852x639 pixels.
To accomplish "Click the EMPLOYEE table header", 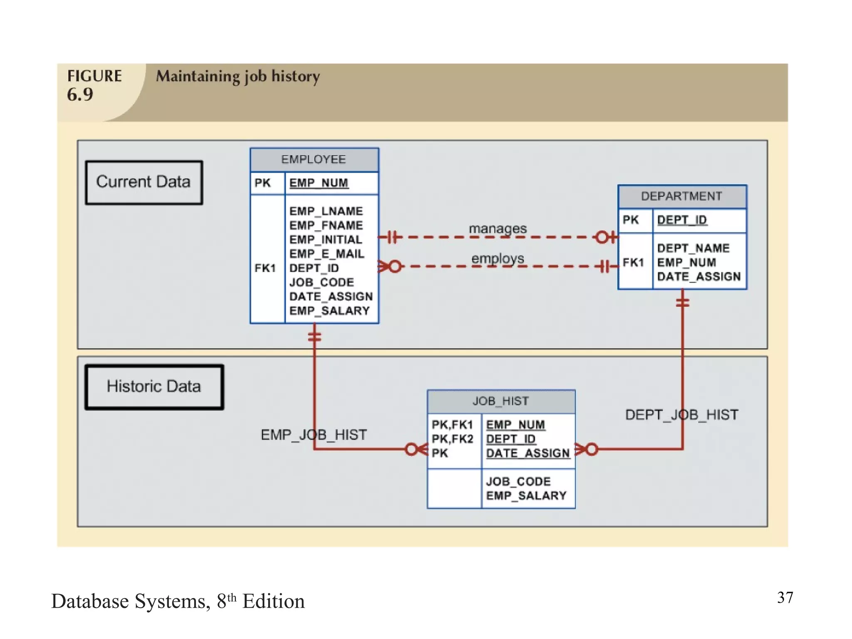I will [314, 160].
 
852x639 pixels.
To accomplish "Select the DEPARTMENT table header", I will [681, 196].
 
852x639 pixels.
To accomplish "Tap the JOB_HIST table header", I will [500, 401].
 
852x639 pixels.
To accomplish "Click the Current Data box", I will [144, 182].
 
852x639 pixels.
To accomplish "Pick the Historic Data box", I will [154, 387].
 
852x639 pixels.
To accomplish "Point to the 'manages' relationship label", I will [498, 228].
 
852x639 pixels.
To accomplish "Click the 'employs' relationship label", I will [498, 258].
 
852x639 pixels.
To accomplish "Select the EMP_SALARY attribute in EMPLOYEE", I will [329, 311].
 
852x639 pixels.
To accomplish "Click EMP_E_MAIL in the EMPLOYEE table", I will [327, 254].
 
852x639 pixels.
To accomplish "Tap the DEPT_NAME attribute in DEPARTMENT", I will [693, 248].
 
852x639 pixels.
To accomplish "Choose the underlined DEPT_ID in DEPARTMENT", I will [681, 220].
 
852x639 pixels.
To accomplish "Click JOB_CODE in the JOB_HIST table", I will [518, 482].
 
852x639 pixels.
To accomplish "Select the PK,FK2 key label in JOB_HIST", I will [452, 439].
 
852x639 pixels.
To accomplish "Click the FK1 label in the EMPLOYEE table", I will [265, 268].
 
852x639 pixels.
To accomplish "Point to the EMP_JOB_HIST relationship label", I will [314, 435].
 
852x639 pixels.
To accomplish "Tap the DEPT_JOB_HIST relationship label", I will [681, 415].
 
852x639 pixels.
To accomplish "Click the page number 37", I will [785, 598].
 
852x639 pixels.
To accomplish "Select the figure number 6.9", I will [80, 95].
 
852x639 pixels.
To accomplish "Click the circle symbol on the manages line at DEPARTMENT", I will [602, 238].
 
